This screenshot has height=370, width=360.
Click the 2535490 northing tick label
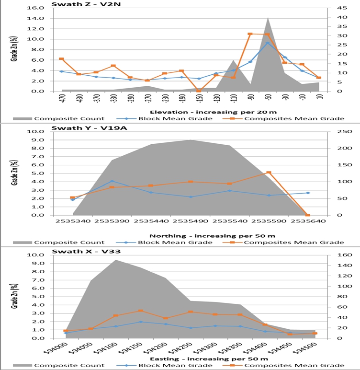191,222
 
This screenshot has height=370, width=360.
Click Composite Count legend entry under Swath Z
69,118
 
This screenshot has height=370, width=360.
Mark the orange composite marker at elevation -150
199,91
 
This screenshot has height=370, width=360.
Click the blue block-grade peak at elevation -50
268,43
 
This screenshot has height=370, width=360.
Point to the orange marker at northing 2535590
269,173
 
